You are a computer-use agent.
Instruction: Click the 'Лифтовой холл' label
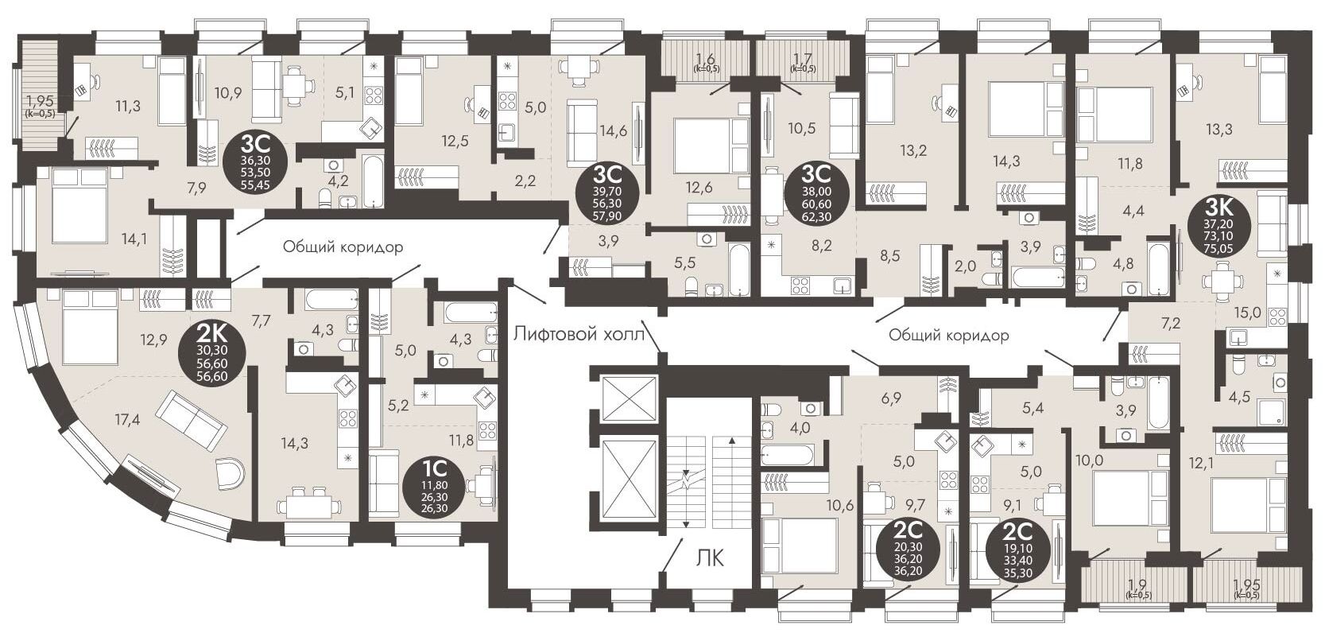tap(579, 334)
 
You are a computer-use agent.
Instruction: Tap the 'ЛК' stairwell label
tap(710, 557)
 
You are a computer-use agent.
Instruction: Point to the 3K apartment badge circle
tap(1218, 225)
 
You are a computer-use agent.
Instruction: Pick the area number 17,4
tap(128, 420)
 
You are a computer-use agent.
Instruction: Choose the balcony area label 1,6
tap(705, 59)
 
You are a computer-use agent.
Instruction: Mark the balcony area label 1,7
tap(802, 59)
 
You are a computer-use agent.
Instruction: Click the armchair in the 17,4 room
tap(230, 474)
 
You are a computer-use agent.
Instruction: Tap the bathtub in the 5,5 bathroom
tap(739, 269)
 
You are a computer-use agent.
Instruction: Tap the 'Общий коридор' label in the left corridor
tap(343, 247)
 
